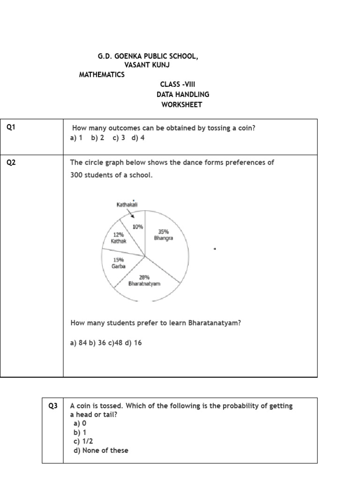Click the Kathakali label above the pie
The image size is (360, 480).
click(127, 204)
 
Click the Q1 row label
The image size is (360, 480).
click(12, 127)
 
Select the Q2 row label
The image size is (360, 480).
click(12, 163)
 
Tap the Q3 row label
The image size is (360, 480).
click(53, 406)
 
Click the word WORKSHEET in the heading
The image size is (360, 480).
click(181, 105)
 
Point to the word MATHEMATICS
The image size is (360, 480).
click(102, 75)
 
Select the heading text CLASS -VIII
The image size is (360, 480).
click(178, 84)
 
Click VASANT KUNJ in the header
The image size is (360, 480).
click(146, 65)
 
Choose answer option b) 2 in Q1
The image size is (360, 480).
click(97, 138)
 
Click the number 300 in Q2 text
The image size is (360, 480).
click(76, 175)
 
